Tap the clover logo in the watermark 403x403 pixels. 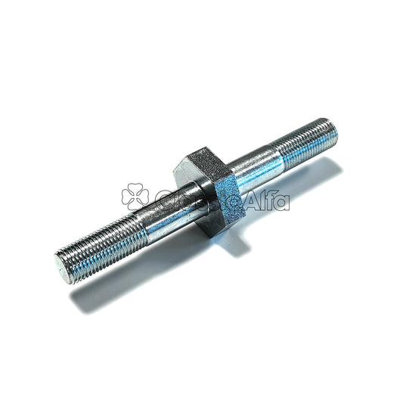[135, 195]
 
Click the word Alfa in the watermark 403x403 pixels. [268, 200]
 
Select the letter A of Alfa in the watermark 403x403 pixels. [255, 200]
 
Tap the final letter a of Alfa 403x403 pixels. [283, 202]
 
